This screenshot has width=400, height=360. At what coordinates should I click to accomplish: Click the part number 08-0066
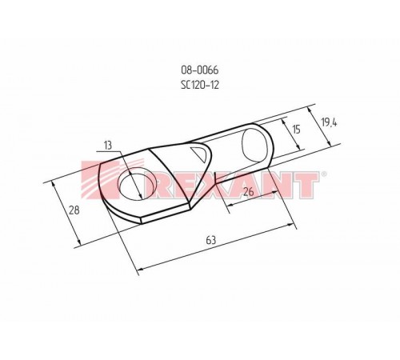201,71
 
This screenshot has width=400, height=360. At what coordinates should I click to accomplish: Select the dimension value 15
295,129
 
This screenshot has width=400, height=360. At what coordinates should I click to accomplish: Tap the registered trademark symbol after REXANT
322,174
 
